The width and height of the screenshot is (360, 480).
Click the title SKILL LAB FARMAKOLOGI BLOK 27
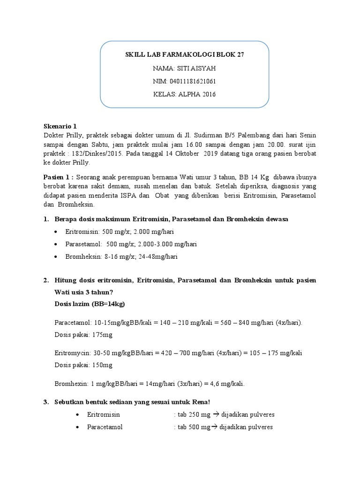click(185, 55)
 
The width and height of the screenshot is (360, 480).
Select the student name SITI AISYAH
click(197, 68)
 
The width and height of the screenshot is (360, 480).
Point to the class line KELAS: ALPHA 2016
click(185, 95)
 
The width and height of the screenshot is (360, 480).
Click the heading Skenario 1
click(60, 127)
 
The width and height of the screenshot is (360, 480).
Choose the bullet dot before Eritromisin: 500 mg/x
click(56, 232)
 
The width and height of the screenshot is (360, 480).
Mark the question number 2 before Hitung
click(45, 280)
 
